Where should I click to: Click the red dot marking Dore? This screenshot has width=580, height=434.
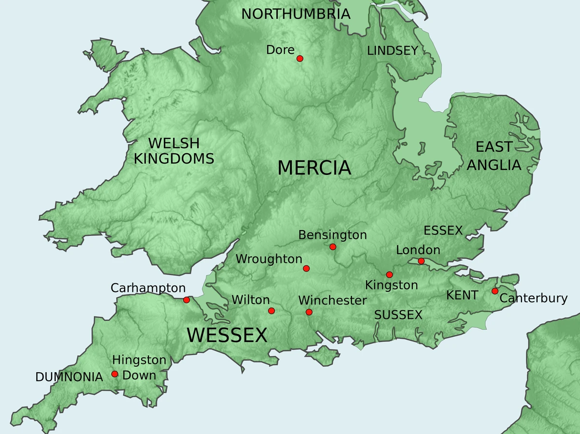tap(300, 58)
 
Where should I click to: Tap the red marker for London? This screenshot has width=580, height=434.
tap(421, 261)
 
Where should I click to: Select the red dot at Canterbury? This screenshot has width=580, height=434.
tap(495, 291)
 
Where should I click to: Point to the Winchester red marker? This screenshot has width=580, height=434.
tap(309, 312)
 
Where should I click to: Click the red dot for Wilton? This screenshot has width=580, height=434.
tap(271, 311)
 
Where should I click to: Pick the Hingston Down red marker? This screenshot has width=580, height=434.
tap(115, 374)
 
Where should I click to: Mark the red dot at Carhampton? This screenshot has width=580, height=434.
tap(187, 300)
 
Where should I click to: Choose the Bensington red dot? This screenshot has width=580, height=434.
tap(333, 247)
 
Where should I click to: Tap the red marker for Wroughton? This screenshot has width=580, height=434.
tap(306, 269)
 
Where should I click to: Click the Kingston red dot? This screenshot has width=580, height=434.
tap(389, 275)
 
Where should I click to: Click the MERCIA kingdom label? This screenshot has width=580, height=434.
tap(314, 168)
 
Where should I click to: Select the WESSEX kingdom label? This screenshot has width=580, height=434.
tap(227, 335)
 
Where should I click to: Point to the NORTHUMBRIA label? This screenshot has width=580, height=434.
tap(296, 14)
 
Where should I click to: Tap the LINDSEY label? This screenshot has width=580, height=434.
tap(392, 51)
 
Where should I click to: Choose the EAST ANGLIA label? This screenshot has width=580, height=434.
tap(494, 156)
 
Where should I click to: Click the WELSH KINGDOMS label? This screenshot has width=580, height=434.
tap(174, 151)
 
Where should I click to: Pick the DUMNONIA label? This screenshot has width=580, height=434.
tap(69, 377)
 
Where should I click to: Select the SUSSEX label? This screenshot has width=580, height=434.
tap(398, 315)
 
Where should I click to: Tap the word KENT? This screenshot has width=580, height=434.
tap(462, 295)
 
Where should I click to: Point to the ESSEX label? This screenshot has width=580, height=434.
tap(443, 231)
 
